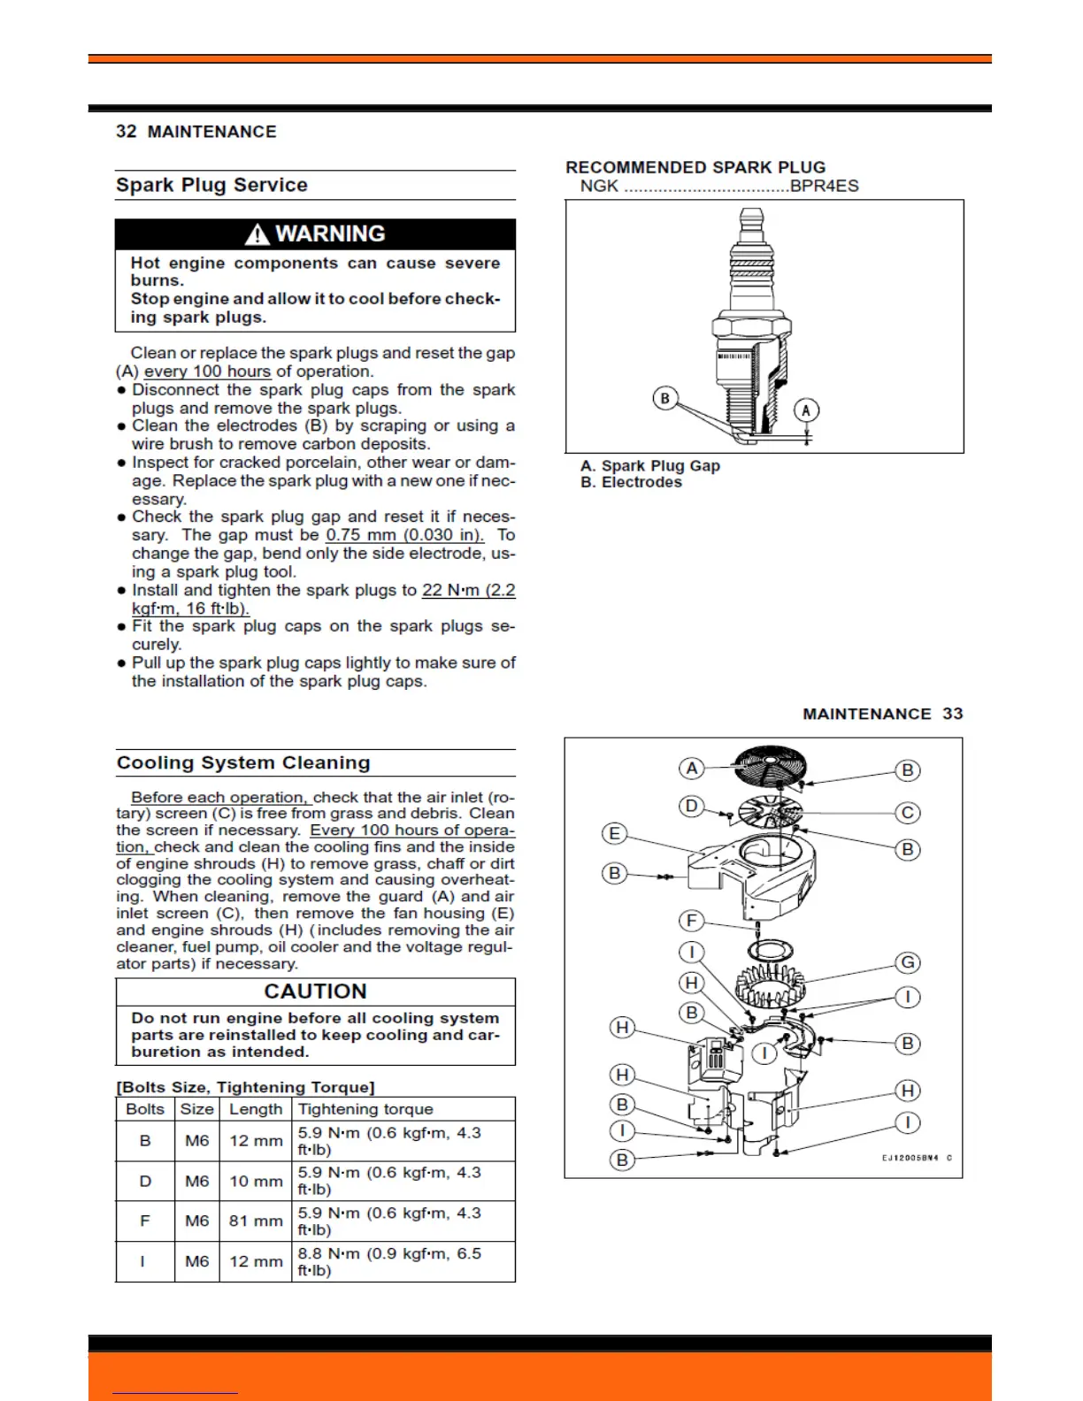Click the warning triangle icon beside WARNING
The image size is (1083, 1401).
click(257, 234)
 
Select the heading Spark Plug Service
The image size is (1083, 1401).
click(211, 185)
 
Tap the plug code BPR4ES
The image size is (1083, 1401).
click(824, 186)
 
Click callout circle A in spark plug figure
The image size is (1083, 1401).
click(805, 410)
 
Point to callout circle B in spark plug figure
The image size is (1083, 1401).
click(665, 398)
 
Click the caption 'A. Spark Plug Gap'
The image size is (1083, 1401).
click(650, 465)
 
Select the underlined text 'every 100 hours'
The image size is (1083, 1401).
click(207, 371)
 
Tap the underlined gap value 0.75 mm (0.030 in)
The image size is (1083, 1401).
click(404, 535)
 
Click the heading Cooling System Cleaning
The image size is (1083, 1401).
click(243, 762)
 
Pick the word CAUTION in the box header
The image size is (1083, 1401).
click(315, 991)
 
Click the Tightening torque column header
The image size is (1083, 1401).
click(365, 1109)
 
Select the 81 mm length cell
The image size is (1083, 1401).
click(256, 1221)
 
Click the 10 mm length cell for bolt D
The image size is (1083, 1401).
click(256, 1181)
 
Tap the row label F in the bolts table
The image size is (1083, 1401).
click(145, 1221)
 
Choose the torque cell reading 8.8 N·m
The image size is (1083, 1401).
click(389, 1261)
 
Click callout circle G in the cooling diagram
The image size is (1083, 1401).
click(907, 962)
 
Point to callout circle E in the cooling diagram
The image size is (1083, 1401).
click(614, 833)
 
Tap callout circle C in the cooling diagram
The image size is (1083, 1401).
click(907, 812)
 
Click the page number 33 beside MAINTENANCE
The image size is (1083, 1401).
click(952, 714)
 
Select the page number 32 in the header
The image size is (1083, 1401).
click(127, 132)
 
